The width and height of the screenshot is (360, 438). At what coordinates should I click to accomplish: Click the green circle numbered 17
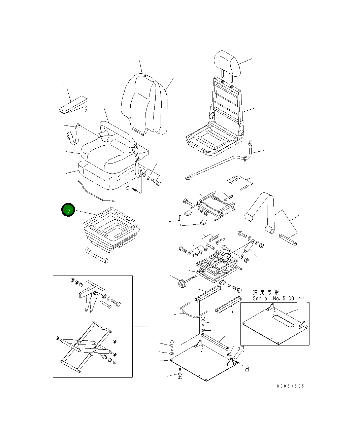[68, 210]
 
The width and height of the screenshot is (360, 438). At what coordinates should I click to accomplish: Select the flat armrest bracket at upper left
[73, 105]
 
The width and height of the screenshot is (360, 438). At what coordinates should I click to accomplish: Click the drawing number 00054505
[290, 386]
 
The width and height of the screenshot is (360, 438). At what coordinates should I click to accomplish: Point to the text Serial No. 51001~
[278, 298]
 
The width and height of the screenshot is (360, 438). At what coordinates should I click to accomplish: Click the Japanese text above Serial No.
[266, 292]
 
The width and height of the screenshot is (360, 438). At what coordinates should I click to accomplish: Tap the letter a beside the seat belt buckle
[128, 187]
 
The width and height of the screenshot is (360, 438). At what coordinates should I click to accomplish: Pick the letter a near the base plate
[247, 369]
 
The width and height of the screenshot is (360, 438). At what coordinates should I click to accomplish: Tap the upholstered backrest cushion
[141, 103]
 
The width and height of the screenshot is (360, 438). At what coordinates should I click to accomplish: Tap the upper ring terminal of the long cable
[250, 144]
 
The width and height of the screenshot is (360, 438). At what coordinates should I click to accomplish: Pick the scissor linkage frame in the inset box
[86, 346]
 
